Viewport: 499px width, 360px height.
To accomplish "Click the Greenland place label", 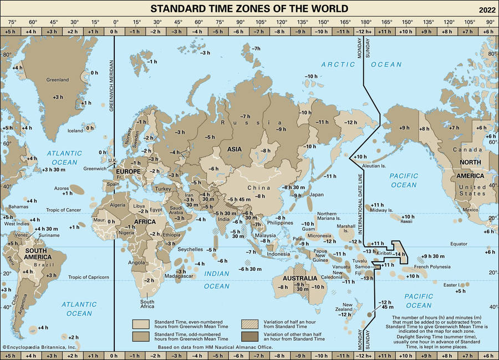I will (58, 80).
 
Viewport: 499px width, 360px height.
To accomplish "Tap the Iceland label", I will (75, 128).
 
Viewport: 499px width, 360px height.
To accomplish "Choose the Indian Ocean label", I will (216, 280).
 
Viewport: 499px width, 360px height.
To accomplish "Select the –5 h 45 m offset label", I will (241, 199).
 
